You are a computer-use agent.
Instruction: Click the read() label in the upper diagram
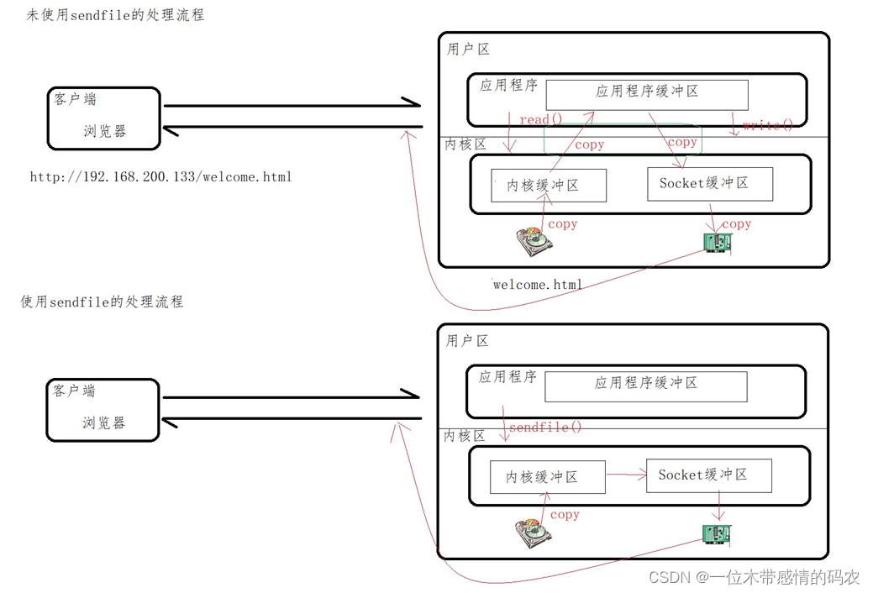[x=540, y=119]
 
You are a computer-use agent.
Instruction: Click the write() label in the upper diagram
[x=767, y=125]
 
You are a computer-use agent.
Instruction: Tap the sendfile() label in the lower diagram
[x=545, y=427]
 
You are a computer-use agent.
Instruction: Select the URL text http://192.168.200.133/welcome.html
[x=160, y=177]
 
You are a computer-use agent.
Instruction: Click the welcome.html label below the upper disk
[x=537, y=284]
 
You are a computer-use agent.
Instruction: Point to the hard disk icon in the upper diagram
[x=534, y=242]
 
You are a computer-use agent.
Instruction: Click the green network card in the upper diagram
[x=717, y=244]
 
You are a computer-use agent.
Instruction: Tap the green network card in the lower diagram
[x=717, y=534]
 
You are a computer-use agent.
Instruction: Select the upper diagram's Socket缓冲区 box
[x=709, y=183]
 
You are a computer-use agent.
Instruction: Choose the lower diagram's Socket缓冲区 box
[x=708, y=475]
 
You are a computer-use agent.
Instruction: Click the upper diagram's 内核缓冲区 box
[x=548, y=186]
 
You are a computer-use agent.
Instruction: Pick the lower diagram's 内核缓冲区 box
[x=547, y=477]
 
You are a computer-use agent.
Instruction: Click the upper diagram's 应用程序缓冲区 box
[x=647, y=92]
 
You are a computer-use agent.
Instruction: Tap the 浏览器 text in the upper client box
[x=105, y=131]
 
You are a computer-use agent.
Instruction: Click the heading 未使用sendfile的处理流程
[x=115, y=15]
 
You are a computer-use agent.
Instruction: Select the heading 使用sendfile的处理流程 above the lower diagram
[x=102, y=302]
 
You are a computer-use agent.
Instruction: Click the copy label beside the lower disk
[x=565, y=514]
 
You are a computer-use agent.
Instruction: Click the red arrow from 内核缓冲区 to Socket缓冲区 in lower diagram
[x=625, y=475]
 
